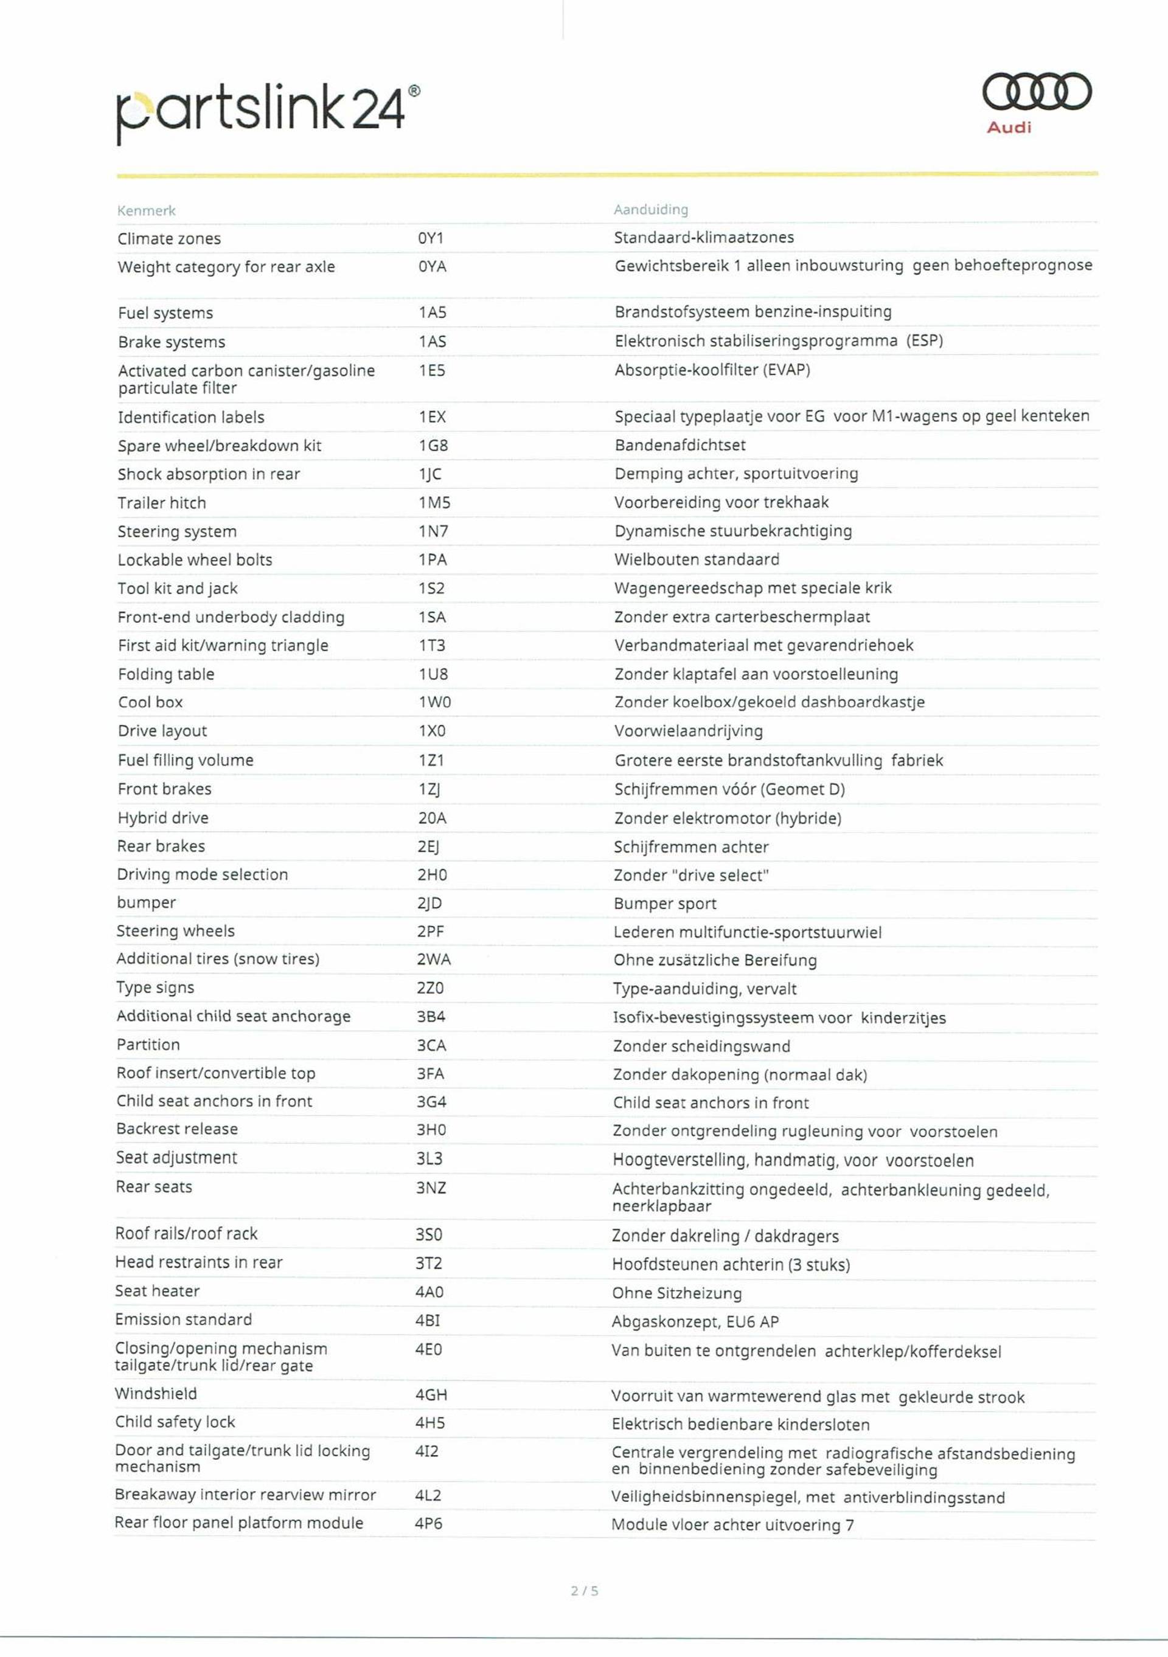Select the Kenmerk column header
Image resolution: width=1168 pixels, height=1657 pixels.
click(147, 211)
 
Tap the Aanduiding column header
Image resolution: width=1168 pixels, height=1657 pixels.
click(650, 209)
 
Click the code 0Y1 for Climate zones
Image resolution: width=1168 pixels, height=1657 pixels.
click(431, 238)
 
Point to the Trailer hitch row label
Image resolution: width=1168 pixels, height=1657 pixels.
click(162, 503)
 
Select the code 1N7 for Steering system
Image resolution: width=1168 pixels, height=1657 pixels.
click(433, 531)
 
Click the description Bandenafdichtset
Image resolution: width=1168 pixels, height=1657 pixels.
click(680, 445)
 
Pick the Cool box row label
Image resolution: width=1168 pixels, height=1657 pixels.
click(150, 702)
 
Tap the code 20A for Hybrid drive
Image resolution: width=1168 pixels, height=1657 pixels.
click(432, 818)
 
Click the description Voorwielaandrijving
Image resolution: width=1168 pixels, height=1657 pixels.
click(688, 731)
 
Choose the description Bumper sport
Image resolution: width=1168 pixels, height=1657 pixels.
click(665, 904)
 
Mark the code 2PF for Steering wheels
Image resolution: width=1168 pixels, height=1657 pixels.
click(430, 932)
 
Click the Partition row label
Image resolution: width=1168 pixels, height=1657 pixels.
click(148, 1045)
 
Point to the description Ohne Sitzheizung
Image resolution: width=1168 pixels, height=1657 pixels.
click(676, 1293)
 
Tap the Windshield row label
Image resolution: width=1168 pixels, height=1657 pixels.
click(156, 1394)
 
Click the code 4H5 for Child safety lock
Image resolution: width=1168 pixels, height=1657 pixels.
click(430, 1422)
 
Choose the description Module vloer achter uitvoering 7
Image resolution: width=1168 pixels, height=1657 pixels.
click(732, 1525)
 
